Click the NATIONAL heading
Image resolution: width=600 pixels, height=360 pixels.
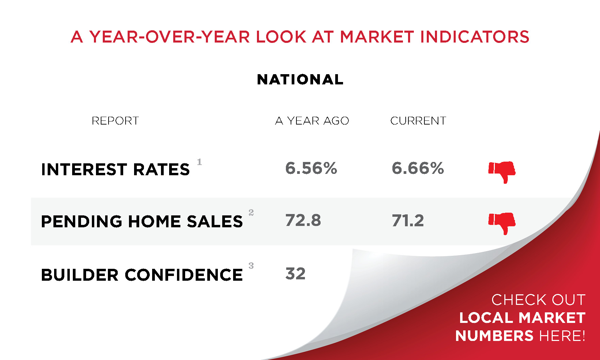[x=300, y=80]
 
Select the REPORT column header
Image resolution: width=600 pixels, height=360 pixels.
[x=115, y=121]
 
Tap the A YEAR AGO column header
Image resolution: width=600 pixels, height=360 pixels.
[x=312, y=121]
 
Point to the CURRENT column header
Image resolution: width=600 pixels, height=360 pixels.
[x=418, y=121]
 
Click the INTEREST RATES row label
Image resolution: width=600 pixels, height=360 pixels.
[x=115, y=169]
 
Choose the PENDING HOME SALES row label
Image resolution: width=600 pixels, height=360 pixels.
[x=142, y=222]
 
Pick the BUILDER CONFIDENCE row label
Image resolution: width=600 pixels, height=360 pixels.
[x=142, y=275]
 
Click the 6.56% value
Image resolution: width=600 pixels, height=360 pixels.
[x=311, y=168]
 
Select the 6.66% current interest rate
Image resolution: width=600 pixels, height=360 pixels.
[x=418, y=168]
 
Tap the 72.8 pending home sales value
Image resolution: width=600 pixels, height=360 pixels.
[x=303, y=220]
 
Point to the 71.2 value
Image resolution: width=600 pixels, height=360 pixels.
[x=408, y=220]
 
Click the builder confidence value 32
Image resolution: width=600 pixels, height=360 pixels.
[x=295, y=274]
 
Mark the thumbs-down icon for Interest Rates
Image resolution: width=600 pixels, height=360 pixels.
[x=502, y=172]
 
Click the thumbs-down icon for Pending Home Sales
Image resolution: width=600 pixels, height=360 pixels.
[x=502, y=223]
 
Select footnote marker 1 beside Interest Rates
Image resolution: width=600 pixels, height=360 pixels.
[x=199, y=162]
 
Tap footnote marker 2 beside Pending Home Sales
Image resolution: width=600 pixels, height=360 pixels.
[x=251, y=213]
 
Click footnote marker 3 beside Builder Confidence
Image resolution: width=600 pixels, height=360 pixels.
[x=251, y=266]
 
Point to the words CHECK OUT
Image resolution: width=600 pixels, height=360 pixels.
[x=538, y=300]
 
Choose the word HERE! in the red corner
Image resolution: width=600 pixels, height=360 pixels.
[x=562, y=336]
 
